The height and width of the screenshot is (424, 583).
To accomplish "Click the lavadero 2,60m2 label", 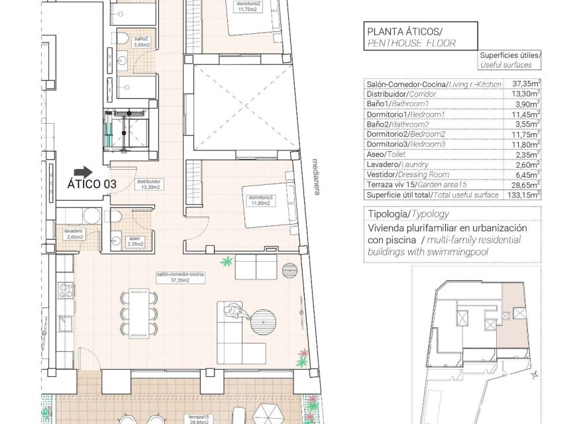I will coord(74,235).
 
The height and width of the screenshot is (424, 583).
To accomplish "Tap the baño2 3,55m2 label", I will coord(140,42).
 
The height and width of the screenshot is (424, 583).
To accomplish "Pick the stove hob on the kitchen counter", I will coord(66,292).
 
